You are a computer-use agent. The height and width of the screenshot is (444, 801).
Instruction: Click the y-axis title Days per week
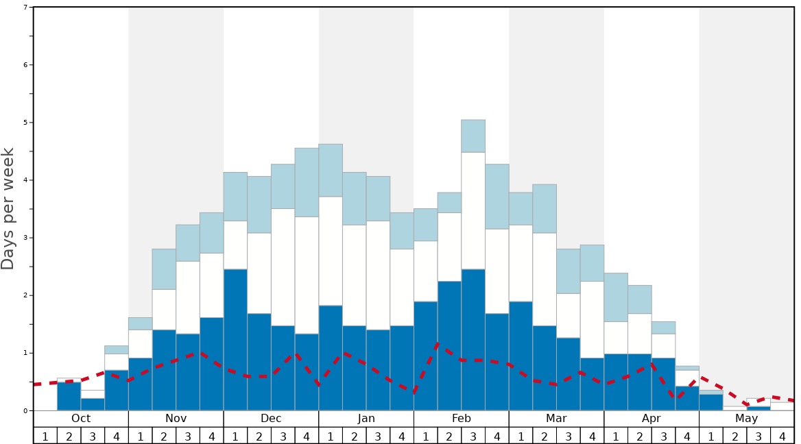point(8,208)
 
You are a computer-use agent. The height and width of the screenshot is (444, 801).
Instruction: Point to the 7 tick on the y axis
point(25,8)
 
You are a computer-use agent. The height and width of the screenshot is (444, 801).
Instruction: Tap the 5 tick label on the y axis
point(25,123)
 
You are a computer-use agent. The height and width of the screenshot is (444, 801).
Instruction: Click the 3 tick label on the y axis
point(25,238)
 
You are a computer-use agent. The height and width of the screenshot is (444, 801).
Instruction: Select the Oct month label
point(81,419)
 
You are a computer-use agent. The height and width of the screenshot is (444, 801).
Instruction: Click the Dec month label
point(271,419)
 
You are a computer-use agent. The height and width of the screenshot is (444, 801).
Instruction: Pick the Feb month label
point(462,419)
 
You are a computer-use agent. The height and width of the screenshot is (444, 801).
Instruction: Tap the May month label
point(747,419)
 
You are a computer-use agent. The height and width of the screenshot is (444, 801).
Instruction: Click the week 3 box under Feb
point(473,436)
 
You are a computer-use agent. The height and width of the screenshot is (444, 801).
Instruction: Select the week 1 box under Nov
point(141,436)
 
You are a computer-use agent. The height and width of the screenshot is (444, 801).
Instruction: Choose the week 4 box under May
point(782,436)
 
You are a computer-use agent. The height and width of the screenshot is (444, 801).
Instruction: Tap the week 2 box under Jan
point(355,436)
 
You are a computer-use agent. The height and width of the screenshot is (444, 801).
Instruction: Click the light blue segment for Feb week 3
point(473,136)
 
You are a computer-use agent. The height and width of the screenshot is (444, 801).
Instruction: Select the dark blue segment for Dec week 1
point(235,340)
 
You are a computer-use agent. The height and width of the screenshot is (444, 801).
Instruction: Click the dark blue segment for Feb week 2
point(449,346)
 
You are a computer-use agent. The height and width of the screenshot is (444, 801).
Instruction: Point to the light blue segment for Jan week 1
point(331,170)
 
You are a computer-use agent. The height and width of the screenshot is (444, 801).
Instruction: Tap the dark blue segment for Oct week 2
point(69,396)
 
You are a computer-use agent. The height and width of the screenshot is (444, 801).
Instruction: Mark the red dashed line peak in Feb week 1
point(438,344)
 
